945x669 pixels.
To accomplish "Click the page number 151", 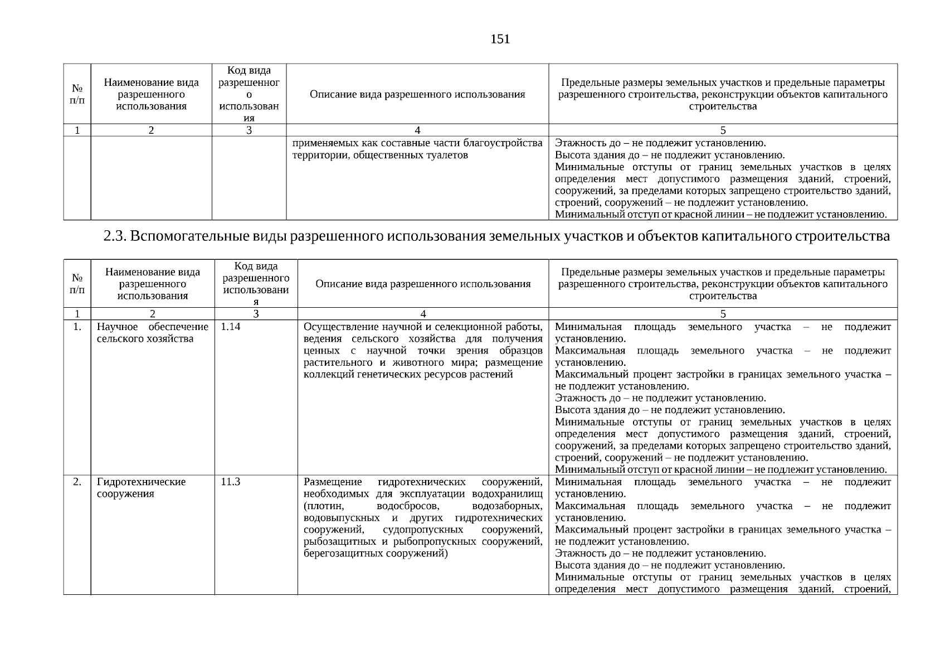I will [x=500, y=39].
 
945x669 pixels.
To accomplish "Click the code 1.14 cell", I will [x=231, y=327].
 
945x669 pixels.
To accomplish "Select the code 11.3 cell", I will [x=231, y=482].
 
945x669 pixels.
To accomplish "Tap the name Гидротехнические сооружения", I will [x=141, y=488].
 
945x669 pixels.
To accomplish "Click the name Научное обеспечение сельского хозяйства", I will [x=152, y=333].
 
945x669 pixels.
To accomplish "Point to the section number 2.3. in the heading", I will [x=116, y=236].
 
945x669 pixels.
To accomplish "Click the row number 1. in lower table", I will [x=77, y=327].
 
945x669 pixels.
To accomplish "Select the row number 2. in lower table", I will [x=77, y=482].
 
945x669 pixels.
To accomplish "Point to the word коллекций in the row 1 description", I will [x=325, y=374].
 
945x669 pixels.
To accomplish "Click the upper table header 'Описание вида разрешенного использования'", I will [x=417, y=94].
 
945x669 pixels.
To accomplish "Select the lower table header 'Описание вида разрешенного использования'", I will [x=423, y=284].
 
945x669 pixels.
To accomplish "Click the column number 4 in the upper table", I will [x=417, y=130].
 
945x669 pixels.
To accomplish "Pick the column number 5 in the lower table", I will [x=723, y=314].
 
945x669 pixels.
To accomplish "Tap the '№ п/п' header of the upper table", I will [x=77, y=94].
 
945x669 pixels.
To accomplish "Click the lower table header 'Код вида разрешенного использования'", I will [x=256, y=284].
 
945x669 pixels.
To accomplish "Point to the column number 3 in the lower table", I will [x=256, y=314].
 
